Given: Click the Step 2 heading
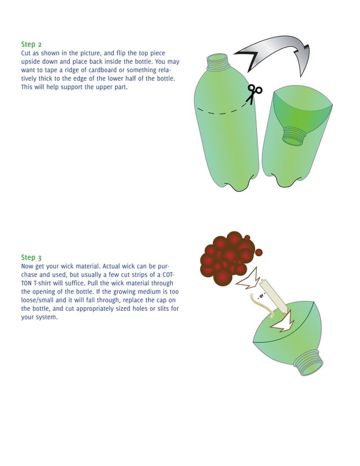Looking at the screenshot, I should (31, 44).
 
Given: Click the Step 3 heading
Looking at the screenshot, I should (31, 257).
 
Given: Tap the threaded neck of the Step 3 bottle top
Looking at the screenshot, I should (308, 361).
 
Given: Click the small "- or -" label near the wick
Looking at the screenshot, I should (261, 296).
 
